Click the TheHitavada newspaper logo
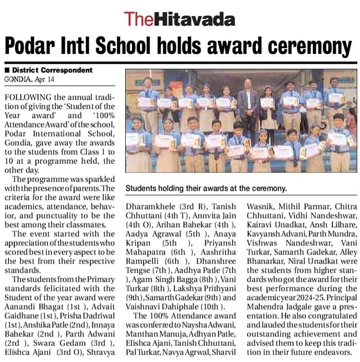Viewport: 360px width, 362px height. [x=179, y=19]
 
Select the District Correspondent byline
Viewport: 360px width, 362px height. [x=52, y=70]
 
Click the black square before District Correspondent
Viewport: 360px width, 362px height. [x=7, y=70]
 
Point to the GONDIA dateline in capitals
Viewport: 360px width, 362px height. [x=17, y=79]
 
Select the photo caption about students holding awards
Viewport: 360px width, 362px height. [x=207, y=188]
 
